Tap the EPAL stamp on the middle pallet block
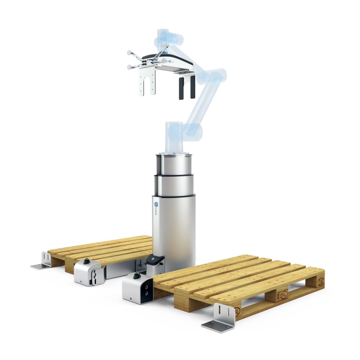click(x=282, y=296)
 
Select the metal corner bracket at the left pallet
click(x=43, y=262)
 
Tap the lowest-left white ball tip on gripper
click(x=129, y=67)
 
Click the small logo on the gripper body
click(x=169, y=61)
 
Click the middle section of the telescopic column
click(x=174, y=185)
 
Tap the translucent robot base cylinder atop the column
click(x=174, y=137)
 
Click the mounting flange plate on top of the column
click(x=174, y=154)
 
